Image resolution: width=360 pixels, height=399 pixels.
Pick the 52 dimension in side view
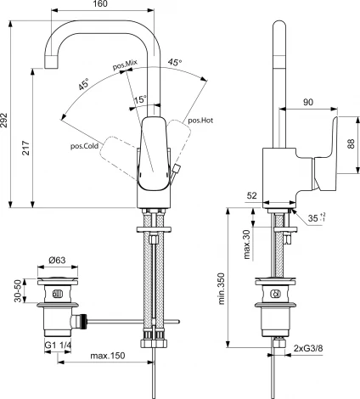(x=253, y=195)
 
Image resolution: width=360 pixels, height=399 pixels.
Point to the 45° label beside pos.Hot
(x=173, y=62)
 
